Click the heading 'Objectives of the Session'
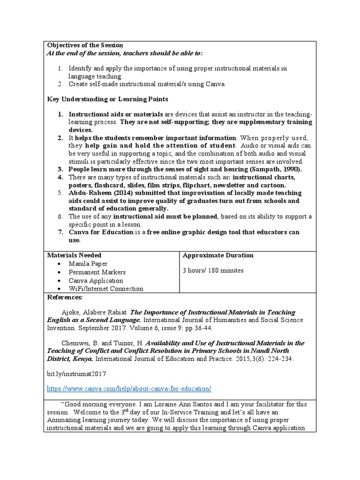tap(85, 45)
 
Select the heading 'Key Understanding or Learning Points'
tap(108, 99)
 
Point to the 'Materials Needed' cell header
tap(74, 255)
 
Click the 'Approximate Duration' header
tap(218, 255)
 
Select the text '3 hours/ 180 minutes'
tap(213, 270)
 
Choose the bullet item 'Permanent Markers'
tap(97, 272)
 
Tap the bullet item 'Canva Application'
tap(96, 281)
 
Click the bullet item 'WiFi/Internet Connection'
tap(106, 289)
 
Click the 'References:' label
tap(65, 298)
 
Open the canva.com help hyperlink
tap(129, 389)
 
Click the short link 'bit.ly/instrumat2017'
tap(77, 374)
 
